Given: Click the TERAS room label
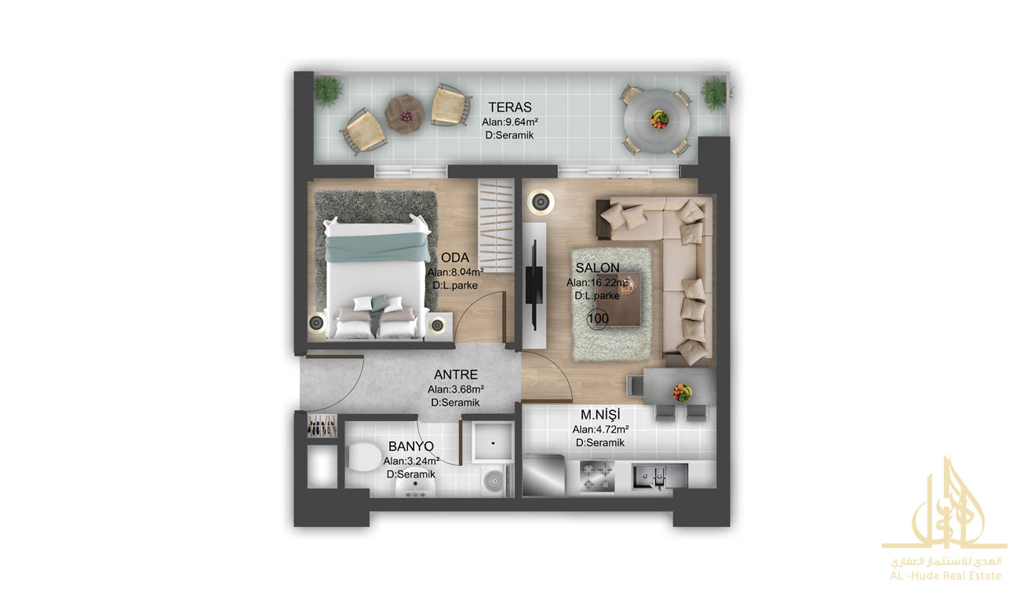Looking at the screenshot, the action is point(509,107).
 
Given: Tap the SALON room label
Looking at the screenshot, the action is point(597,268).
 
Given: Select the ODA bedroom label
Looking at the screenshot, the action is point(455,258).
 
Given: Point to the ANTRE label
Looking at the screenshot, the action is point(456,375).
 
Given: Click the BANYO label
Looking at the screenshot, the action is point(410,446).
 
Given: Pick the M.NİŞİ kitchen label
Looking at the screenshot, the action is point(600,415).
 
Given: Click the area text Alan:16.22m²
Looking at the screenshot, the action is point(597,283).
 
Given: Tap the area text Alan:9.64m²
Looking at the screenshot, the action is point(510,123).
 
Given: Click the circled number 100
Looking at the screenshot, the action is point(598,318).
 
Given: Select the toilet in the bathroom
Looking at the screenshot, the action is point(364,456).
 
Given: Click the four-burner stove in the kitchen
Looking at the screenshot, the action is point(597,476).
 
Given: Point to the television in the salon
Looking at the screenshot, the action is point(534,284).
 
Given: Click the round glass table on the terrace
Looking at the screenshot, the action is point(657,121).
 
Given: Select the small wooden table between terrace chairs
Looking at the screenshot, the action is point(404,114).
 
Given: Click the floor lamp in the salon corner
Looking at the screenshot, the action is point(541,201).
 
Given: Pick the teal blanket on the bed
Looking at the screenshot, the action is point(377,247).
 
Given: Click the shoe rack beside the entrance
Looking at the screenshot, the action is point(322,426).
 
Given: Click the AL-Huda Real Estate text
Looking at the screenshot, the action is point(945,576).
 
